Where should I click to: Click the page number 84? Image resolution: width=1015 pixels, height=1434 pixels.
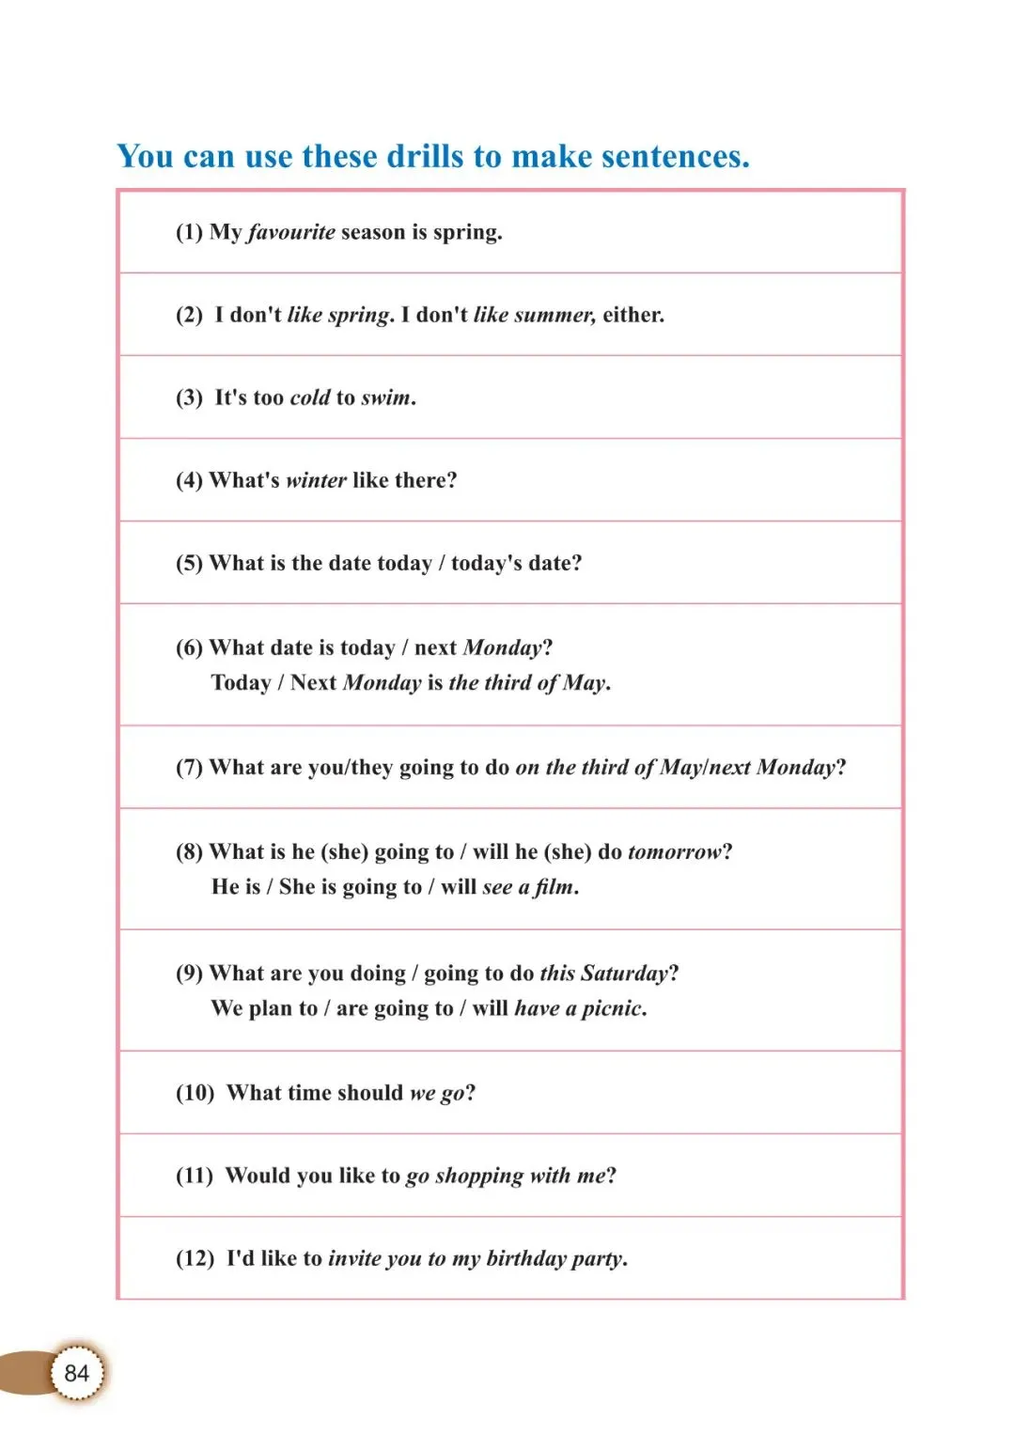pos(76,1373)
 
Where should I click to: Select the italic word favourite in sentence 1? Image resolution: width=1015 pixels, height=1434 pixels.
pos(292,232)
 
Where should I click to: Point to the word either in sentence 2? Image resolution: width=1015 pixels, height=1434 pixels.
pos(632,315)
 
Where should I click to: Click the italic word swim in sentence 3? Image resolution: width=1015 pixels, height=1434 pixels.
pos(386,397)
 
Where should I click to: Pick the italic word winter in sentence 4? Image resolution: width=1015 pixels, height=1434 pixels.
pos(316,480)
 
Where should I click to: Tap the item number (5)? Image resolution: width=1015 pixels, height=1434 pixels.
pos(189,563)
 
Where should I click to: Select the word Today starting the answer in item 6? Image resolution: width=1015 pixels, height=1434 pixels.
pos(241,682)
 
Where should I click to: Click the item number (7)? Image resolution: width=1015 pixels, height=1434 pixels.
pos(189,768)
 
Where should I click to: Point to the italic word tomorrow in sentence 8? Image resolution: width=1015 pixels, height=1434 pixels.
pos(675,852)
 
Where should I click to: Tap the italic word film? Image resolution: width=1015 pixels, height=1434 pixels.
pos(554,887)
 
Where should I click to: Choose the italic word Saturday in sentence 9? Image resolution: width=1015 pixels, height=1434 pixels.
pos(624,974)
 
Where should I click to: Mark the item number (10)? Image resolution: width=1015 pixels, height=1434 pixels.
pos(195,1093)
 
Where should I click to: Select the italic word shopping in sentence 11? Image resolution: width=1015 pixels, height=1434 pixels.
pos(479,1177)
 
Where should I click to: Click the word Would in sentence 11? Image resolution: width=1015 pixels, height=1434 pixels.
pos(258,1176)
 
